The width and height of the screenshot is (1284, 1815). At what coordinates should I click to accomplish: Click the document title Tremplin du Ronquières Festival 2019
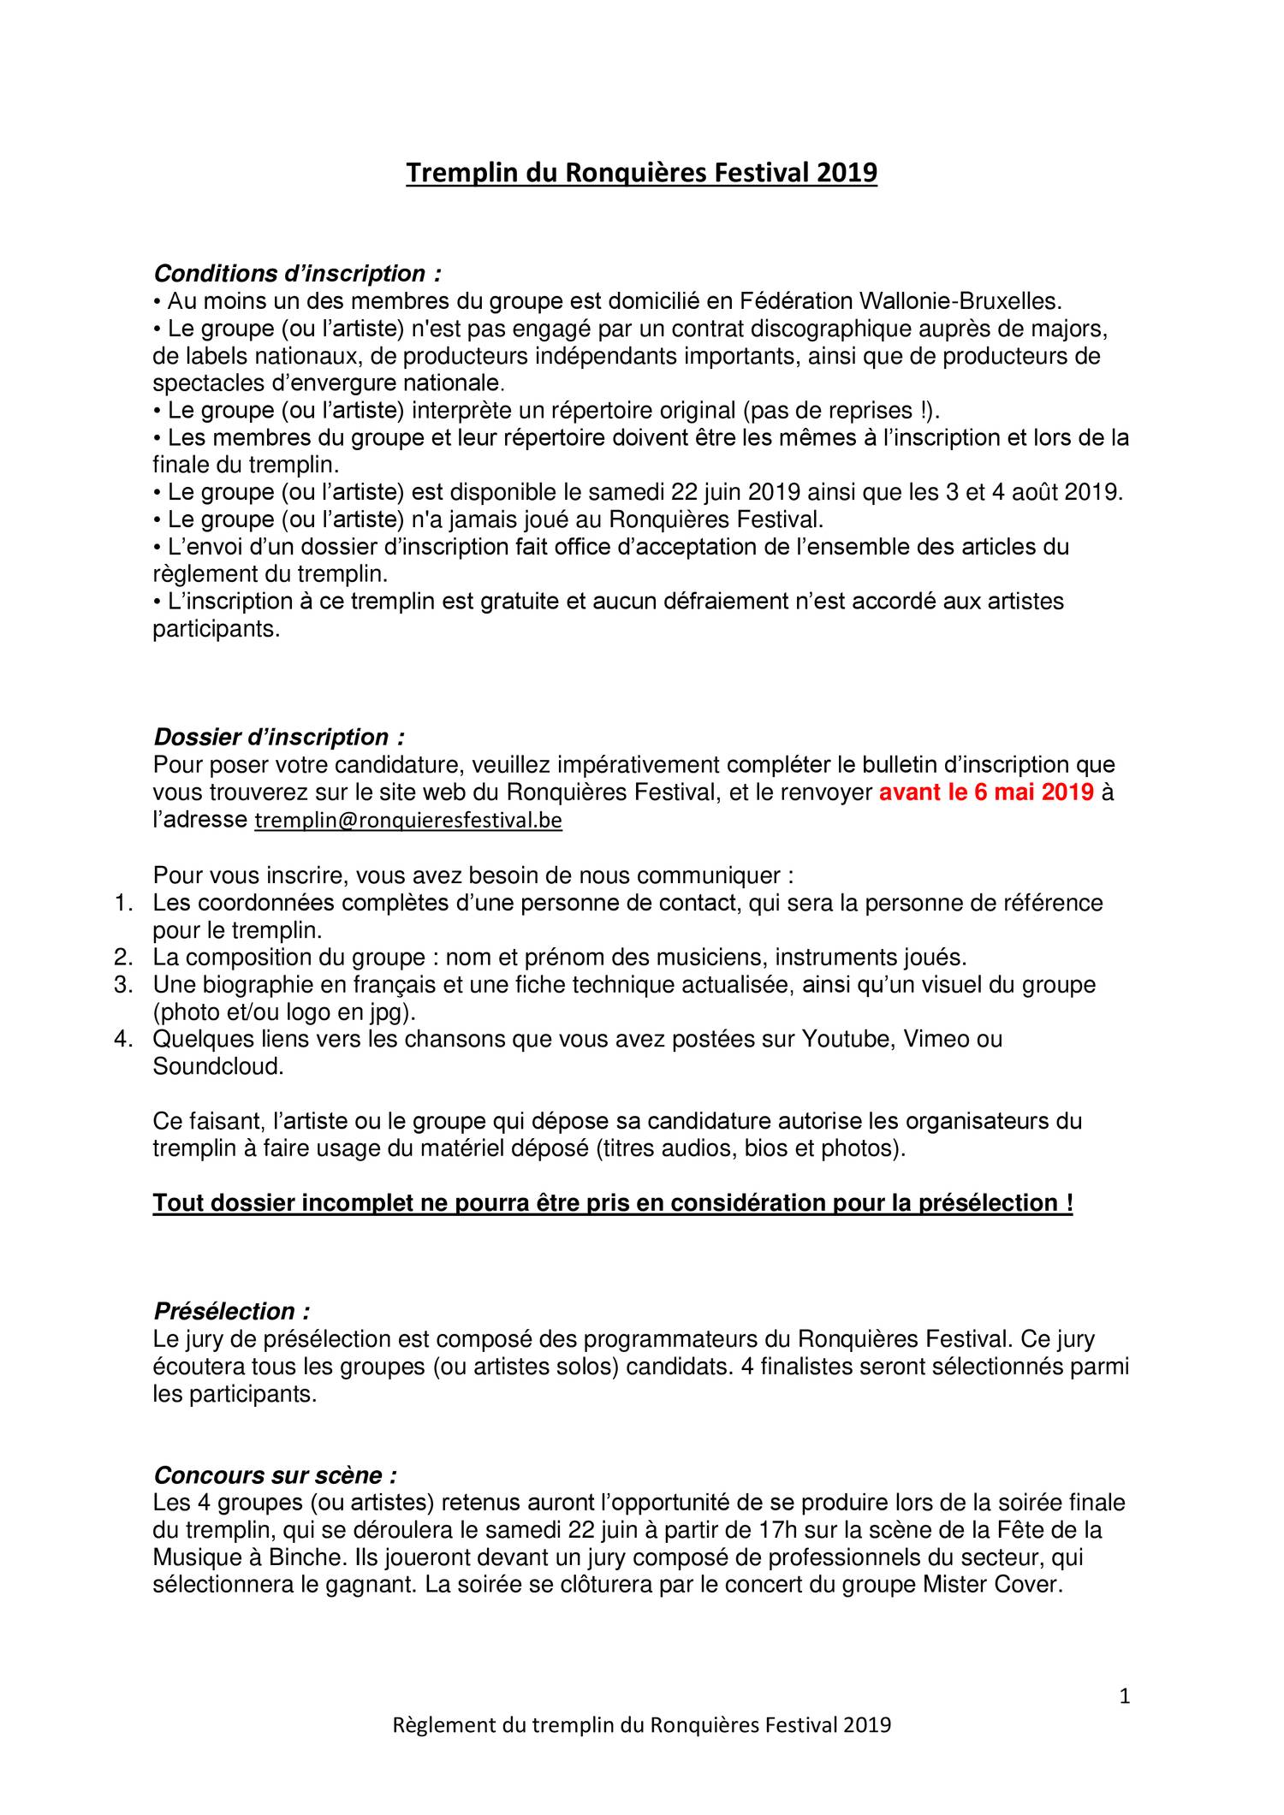point(641,173)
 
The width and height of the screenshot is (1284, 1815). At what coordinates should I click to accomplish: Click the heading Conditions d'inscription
point(297,274)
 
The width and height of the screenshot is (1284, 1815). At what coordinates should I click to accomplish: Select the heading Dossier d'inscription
point(278,737)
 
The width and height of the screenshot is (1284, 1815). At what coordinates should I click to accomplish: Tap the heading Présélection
point(231,1311)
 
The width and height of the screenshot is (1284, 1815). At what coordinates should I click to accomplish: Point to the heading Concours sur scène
point(275,1475)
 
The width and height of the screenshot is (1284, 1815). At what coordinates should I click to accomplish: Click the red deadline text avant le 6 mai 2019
point(986,792)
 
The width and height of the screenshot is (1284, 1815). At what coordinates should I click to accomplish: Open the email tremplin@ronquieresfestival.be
point(409,821)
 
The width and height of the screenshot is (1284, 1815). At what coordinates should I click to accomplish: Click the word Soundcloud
point(217,1067)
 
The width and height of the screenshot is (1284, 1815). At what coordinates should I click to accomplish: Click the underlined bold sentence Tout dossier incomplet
point(613,1203)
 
